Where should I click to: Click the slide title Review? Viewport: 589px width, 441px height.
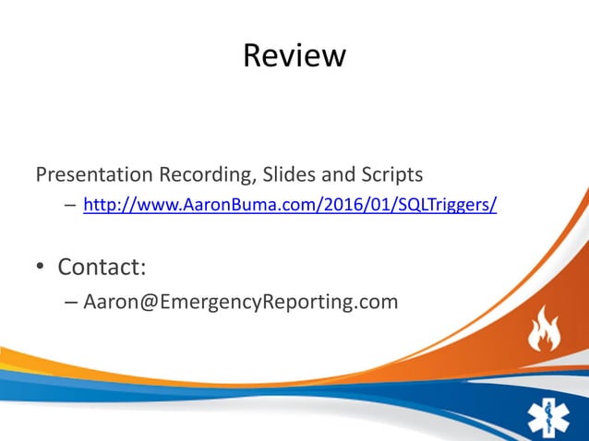click(294, 56)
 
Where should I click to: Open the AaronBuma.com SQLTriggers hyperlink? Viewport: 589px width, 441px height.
click(290, 205)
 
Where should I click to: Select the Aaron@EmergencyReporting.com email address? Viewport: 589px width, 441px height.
click(241, 301)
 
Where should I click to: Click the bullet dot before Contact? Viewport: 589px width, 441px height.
click(41, 268)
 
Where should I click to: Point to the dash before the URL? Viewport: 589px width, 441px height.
click(70, 205)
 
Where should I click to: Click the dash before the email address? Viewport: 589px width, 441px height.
click(72, 301)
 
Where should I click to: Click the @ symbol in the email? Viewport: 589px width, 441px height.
click(150, 301)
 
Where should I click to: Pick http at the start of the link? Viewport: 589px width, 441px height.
click(98, 205)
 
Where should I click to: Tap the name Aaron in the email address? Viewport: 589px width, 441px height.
click(111, 301)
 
